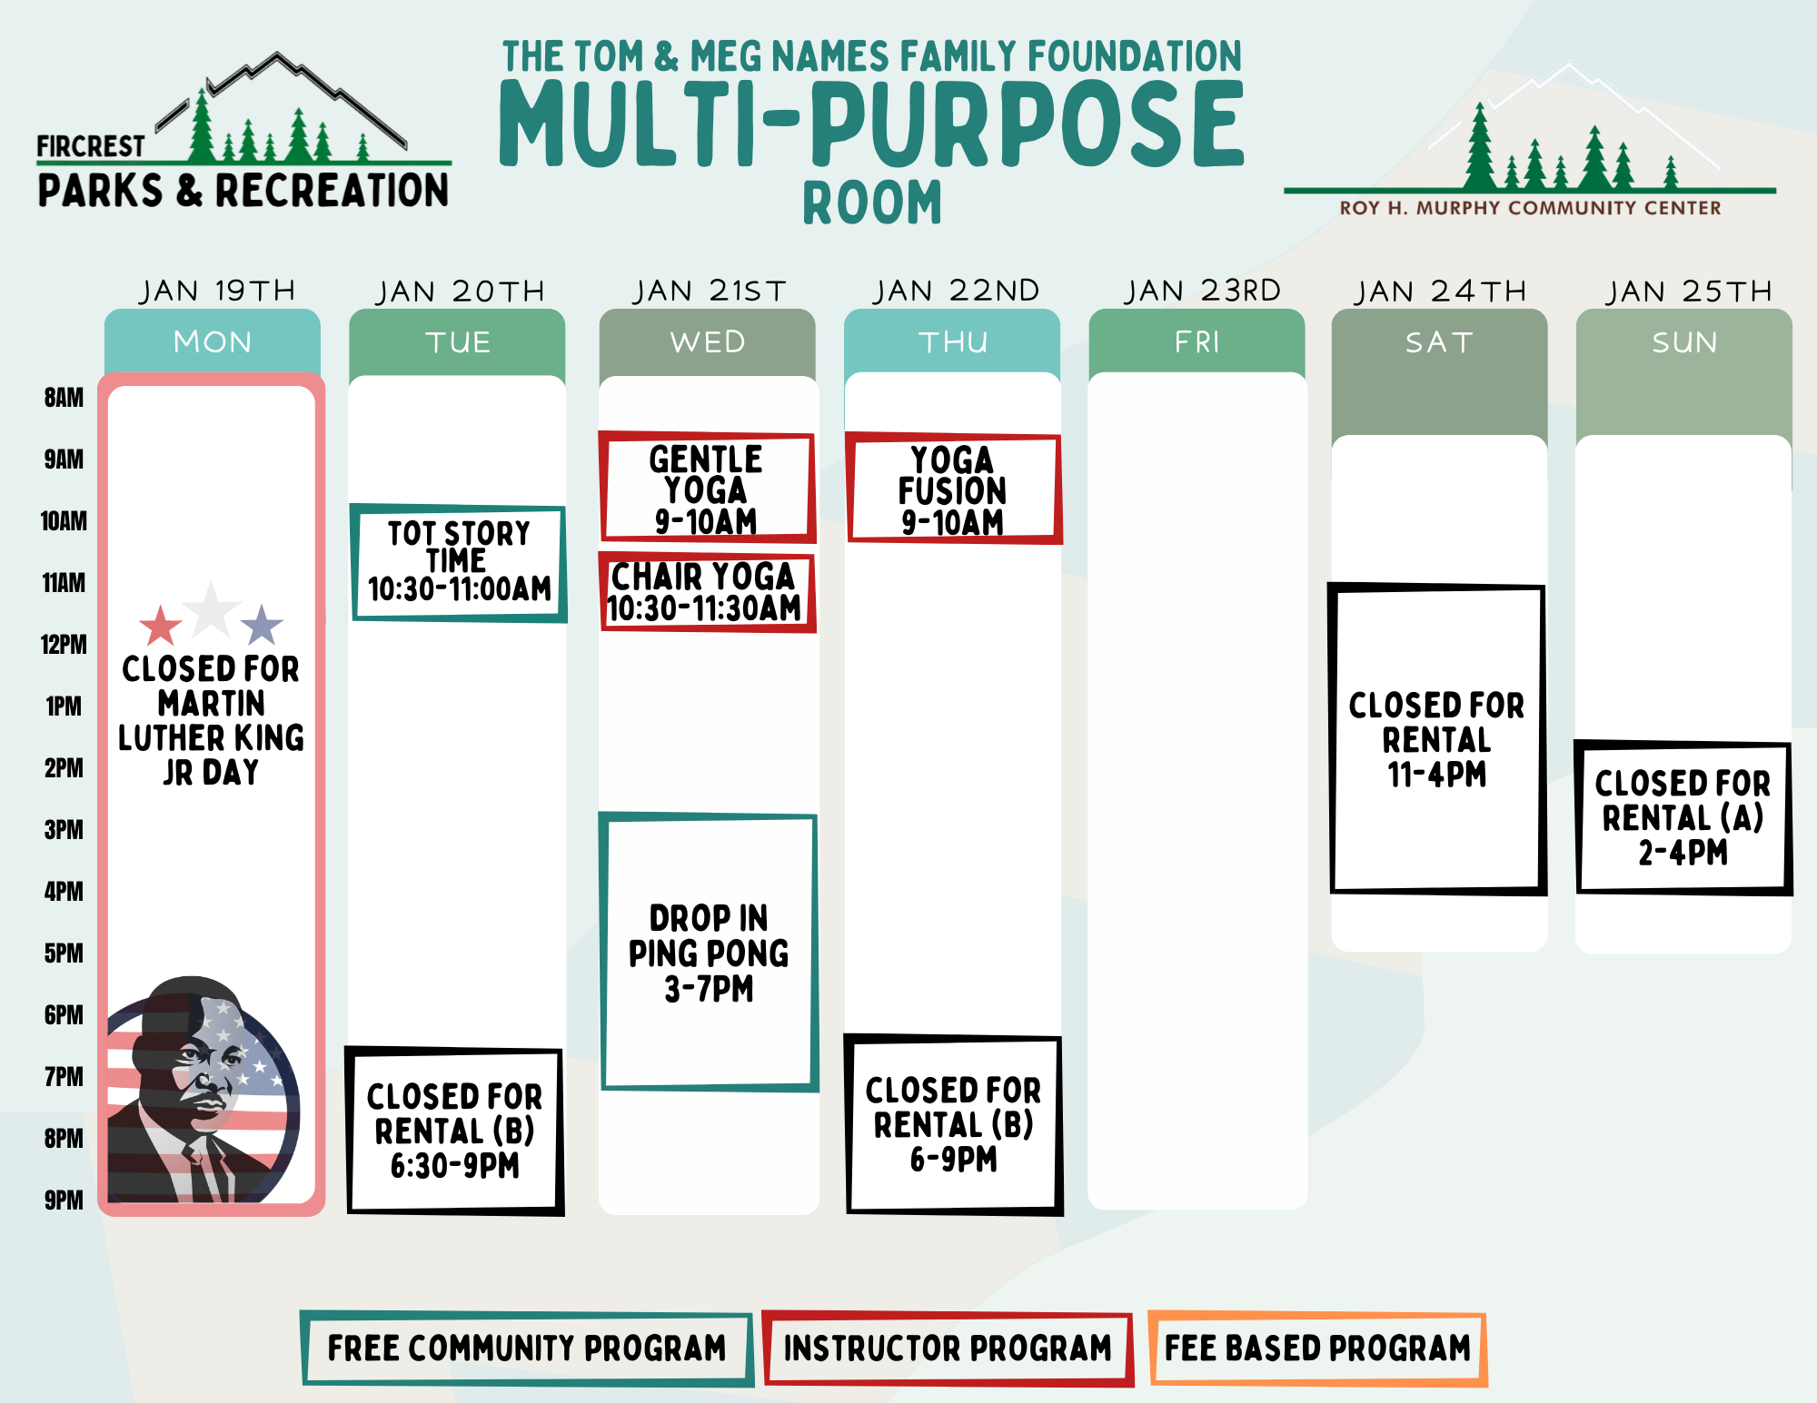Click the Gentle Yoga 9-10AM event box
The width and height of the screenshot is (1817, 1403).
707,488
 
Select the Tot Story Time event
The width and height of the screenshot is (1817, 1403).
459,563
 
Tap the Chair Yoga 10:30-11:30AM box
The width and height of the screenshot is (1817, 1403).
707,592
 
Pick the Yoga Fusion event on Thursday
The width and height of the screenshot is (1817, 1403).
953,489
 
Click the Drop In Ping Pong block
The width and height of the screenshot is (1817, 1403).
709,952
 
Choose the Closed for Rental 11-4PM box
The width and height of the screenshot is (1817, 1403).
1437,739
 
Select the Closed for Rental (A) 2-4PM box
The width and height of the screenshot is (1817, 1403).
1683,817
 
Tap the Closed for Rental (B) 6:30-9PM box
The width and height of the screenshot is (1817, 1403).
455,1131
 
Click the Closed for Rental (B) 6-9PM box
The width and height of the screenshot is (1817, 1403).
954,1124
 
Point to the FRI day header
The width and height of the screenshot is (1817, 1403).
1196,341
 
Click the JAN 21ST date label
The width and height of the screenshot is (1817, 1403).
710,291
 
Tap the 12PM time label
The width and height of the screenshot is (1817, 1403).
64,645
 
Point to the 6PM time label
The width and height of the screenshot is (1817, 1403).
64,1015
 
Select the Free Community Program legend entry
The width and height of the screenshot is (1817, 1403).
527,1349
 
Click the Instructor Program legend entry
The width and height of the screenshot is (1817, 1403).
948,1349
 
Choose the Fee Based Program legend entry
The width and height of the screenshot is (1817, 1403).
1317,1349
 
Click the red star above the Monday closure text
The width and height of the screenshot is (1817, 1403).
161,626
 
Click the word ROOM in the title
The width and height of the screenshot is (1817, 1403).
872,203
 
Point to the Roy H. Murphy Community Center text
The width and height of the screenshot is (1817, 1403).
1530,208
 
